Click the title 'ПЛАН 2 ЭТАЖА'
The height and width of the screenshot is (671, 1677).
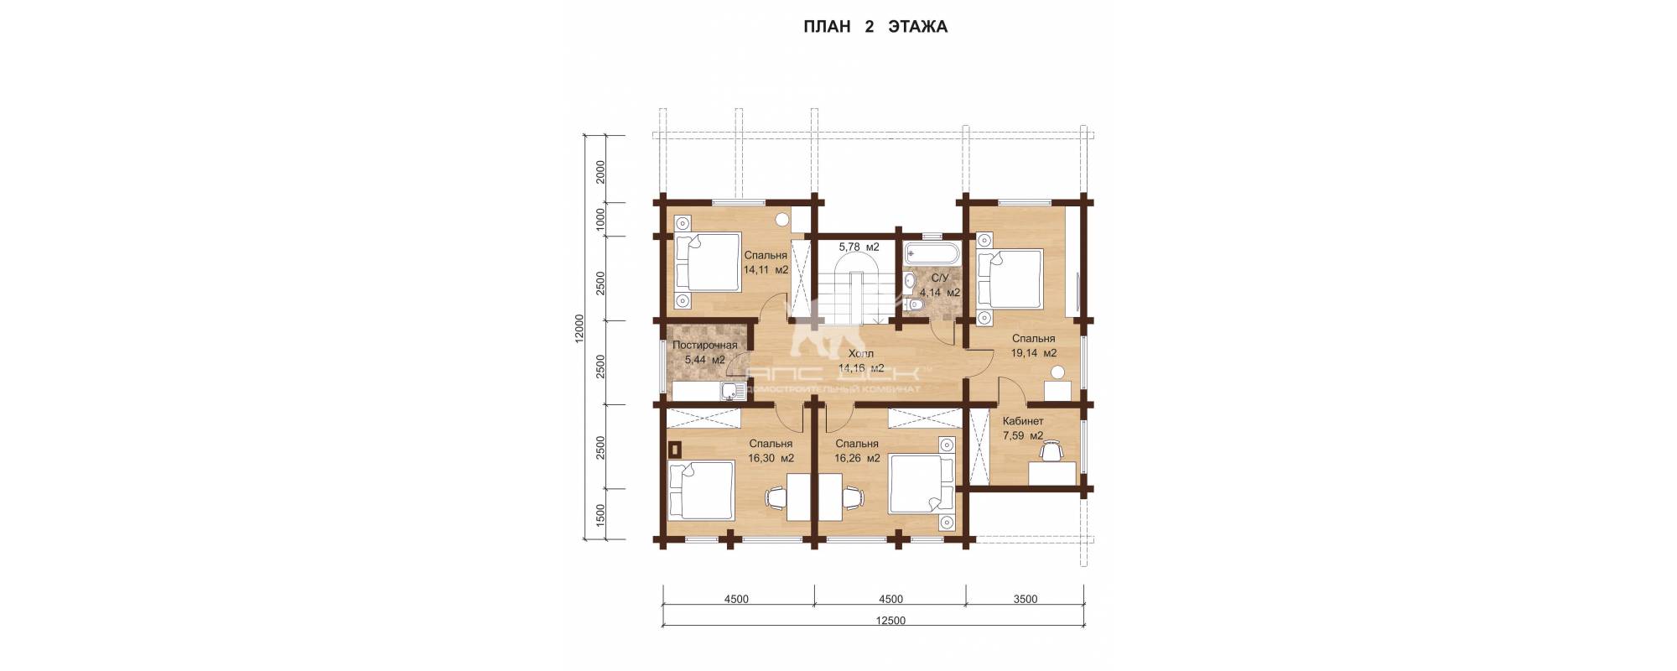[x=875, y=27]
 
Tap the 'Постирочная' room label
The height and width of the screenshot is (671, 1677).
[x=705, y=345]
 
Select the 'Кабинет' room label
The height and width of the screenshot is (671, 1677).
[x=1023, y=421]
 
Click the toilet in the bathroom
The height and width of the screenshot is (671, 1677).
[x=915, y=308]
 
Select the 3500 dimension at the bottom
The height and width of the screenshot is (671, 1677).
[x=1025, y=599]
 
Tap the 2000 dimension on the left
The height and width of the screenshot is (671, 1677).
[x=600, y=171]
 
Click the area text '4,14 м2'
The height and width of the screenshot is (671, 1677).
[x=940, y=293]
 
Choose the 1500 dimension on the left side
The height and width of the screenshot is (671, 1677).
[x=600, y=513]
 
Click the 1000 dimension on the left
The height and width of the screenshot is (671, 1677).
[x=600, y=219]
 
